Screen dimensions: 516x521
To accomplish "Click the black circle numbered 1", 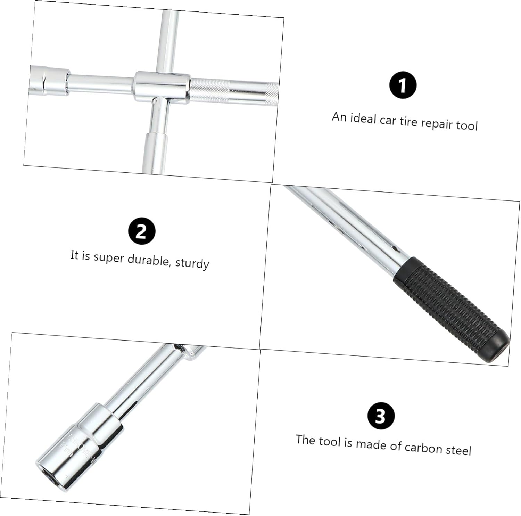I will click(x=403, y=85).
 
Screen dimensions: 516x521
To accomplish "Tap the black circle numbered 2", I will click(x=141, y=231).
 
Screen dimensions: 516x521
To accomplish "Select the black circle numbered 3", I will click(x=381, y=415).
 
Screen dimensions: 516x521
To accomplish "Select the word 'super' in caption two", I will click(x=108, y=257).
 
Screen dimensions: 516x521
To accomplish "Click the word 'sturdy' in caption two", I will click(x=192, y=263).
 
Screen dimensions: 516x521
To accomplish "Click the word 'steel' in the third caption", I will click(x=458, y=450).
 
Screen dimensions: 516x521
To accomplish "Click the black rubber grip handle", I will click(x=448, y=306).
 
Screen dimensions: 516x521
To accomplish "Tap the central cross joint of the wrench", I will click(x=162, y=87).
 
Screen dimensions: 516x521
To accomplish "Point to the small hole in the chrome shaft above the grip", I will click(x=395, y=249).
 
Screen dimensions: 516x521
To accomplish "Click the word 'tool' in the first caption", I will click(x=467, y=125).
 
